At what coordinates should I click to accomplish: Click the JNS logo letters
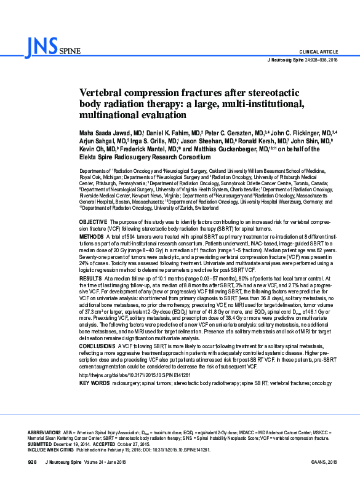coord(42,45)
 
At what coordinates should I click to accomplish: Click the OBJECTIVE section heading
coord(94,220)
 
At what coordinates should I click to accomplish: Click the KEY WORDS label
coord(94,383)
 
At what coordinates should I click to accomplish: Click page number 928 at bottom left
coord(33,461)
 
